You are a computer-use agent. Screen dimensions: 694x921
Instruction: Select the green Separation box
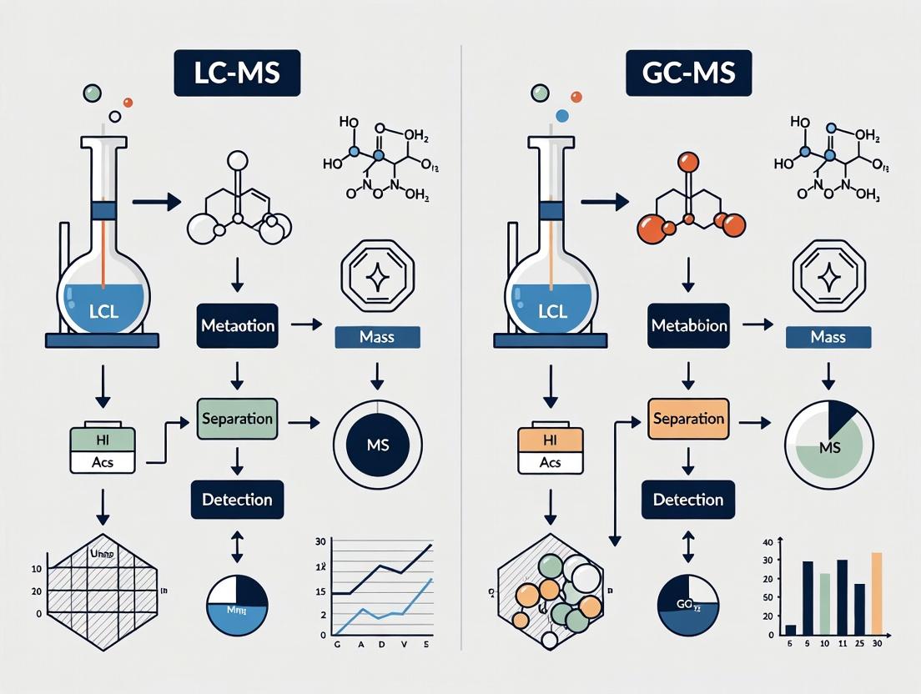237,419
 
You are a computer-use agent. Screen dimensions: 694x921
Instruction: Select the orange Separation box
688,419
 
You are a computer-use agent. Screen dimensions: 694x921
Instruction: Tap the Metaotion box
237,325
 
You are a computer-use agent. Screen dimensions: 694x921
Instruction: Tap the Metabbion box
688,325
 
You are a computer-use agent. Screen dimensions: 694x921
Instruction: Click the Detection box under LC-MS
237,500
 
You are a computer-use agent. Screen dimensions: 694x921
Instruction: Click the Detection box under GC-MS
688,500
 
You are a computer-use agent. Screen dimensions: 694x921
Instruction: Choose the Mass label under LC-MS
377,338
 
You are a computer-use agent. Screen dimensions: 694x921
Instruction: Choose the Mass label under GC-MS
829,338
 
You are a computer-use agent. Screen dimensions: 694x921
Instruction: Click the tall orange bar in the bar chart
876,593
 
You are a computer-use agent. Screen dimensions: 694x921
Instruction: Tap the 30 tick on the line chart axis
320,542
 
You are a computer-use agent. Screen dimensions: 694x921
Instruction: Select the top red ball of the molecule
688,162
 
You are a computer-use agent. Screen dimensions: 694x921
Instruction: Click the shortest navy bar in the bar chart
791,630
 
